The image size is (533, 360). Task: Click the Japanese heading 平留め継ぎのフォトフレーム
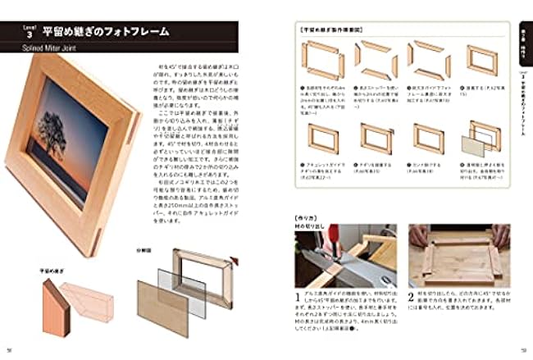pos(107,32)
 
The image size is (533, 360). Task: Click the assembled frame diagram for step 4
pos(481,61)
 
